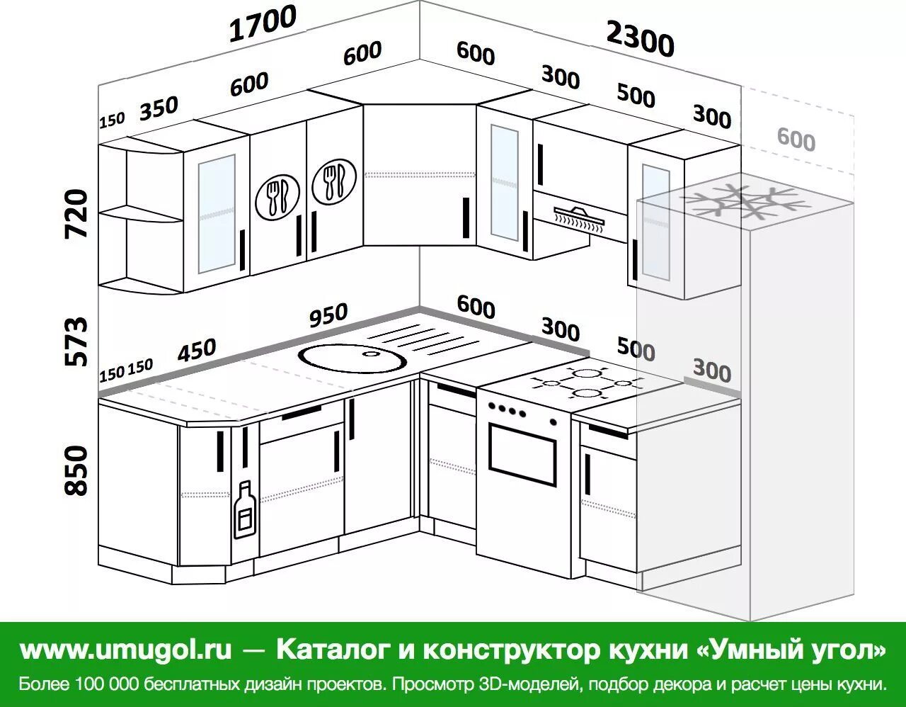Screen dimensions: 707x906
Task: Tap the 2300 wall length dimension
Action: pos(640,39)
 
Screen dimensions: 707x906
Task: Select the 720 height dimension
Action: pos(76,214)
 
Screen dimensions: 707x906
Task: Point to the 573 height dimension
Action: pos(76,341)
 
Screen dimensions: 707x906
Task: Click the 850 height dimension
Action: pos(76,470)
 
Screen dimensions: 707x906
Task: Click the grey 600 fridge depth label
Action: pos(796,140)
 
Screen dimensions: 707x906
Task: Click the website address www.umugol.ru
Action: pos(125,649)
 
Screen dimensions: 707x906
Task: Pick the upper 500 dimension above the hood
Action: pos(636,96)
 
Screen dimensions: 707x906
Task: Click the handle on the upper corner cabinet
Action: pos(466,217)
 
